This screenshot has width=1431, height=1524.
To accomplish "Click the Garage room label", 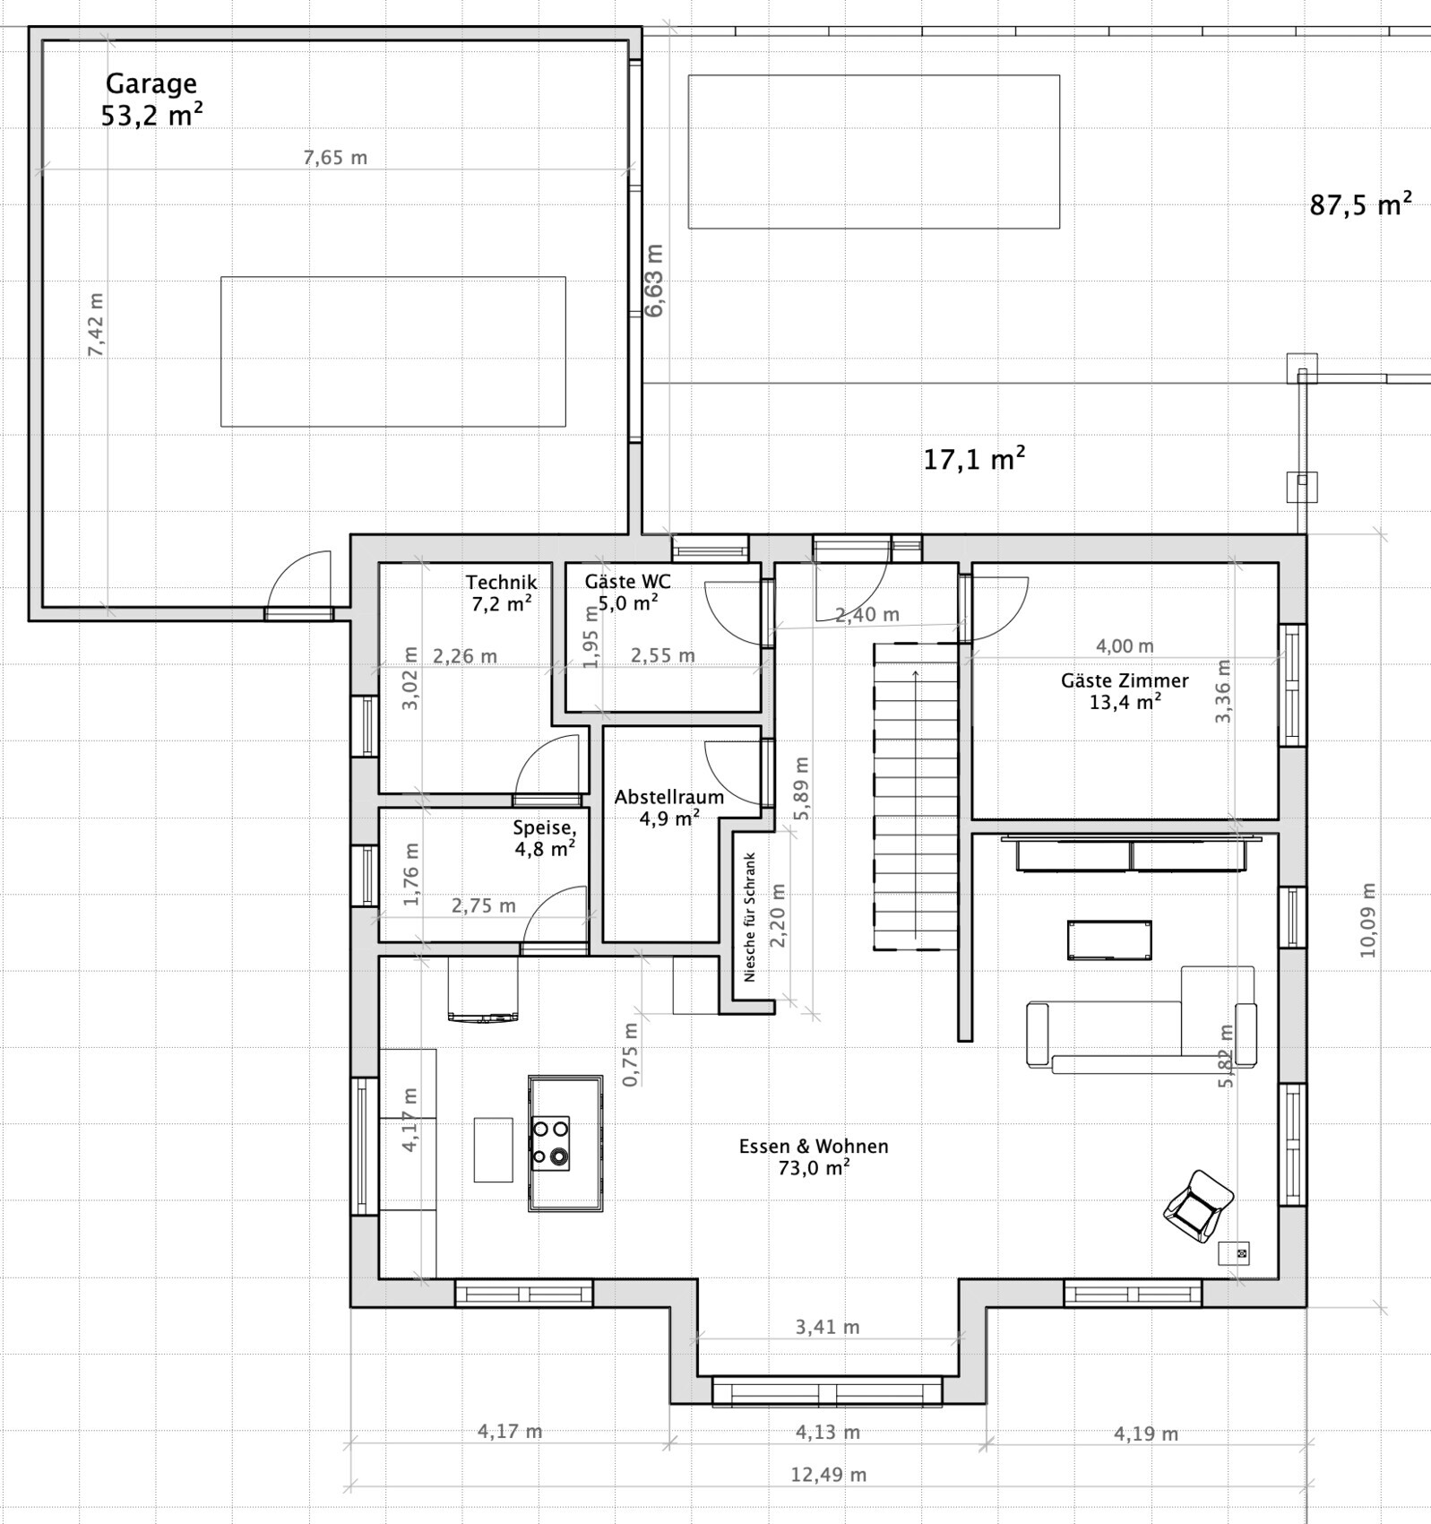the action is point(151,83).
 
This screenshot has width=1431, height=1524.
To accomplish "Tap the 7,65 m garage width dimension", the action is point(335,158).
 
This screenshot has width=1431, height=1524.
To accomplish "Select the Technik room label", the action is point(501,583).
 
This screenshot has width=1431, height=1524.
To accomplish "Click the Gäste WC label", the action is point(627,581).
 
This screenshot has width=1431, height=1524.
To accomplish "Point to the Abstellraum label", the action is point(668,797).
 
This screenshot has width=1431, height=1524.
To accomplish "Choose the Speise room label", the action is point(544,828).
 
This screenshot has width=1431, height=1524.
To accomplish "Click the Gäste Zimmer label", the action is point(1125,680).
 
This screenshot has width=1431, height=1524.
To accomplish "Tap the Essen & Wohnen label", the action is point(814,1146).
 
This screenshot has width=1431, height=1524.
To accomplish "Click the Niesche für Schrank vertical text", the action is point(750,917).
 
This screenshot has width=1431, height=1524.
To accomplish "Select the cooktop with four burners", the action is point(550,1144).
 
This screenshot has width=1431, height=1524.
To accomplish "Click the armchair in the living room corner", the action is point(1198,1206).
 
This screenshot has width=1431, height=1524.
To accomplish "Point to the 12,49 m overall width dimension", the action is point(828,1475).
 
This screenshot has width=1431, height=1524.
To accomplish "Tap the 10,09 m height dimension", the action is point(1367,921).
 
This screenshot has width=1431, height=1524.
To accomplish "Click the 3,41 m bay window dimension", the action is point(827,1327).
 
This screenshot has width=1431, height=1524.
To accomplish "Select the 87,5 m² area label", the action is point(1360,204).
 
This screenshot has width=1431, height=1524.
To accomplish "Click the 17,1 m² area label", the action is point(974,459).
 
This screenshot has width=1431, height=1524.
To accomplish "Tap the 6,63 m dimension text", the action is point(654,281).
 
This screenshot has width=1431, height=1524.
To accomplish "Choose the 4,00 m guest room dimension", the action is point(1125,645).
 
